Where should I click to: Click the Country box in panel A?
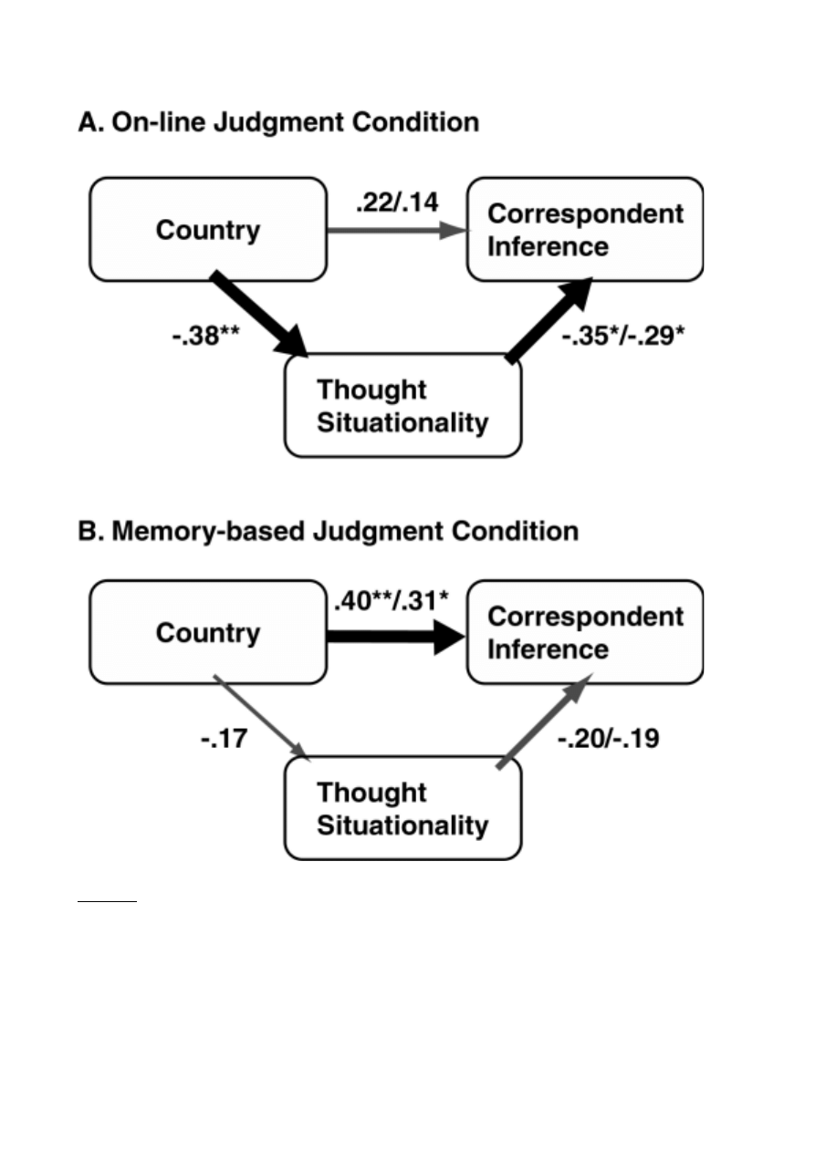(207, 230)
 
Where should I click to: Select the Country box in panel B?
(207, 632)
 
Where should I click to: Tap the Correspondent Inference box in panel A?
(585, 230)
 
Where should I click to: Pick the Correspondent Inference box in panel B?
(585, 632)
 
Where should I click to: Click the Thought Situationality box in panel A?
(402, 406)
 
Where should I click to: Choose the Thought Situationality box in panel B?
(402, 809)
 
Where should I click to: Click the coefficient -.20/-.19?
(608, 737)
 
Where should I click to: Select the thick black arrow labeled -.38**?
(261, 315)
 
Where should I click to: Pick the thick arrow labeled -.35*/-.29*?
(550, 321)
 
